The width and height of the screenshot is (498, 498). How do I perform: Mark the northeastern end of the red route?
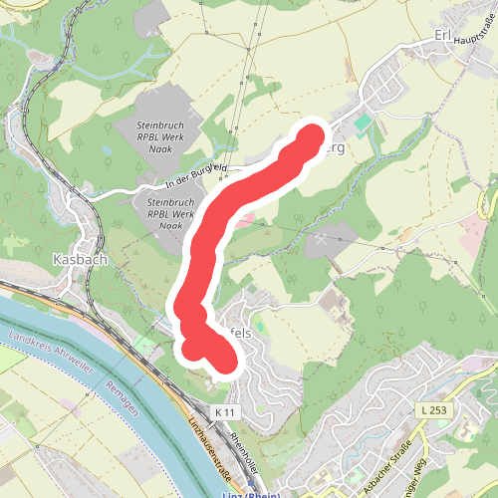click(x=312, y=135)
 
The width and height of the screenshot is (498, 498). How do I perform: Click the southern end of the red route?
click(x=224, y=363)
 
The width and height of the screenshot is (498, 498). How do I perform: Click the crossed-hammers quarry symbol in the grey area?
click(x=322, y=239)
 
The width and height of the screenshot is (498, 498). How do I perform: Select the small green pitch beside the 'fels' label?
click(x=260, y=325)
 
